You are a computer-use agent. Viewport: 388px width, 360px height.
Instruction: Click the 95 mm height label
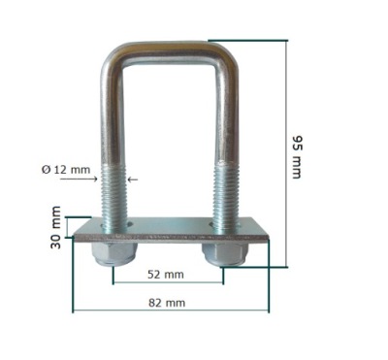point(297,157)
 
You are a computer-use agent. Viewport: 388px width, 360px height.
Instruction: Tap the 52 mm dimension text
point(166,275)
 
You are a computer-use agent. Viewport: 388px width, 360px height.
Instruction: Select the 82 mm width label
point(167,303)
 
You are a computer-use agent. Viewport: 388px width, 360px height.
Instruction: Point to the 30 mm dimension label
point(55,227)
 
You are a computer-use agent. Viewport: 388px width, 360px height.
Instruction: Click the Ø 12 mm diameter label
point(66,169)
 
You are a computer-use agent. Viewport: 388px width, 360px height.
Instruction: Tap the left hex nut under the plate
point(113,253)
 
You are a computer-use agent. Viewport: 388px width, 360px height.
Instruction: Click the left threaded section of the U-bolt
point(113,197)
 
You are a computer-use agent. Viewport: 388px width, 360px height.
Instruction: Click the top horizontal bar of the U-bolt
point(168,51)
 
